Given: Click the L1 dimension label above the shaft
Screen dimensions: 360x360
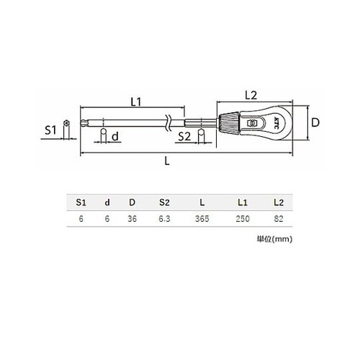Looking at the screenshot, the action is (136, 102).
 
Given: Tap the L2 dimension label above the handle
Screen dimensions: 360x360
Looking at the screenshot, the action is (251, 95).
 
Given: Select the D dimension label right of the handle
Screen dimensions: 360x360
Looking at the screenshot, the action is (315, 122).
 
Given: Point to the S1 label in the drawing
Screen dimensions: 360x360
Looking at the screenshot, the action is (50, 130).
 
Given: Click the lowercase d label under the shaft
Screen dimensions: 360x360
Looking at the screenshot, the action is (115, 136).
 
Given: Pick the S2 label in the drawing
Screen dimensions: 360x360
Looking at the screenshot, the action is (184, 137).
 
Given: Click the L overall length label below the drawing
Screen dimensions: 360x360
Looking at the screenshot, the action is (167, 161).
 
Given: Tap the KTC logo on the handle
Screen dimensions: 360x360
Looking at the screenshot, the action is (276, 123).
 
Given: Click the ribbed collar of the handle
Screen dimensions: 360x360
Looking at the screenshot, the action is (229, 123).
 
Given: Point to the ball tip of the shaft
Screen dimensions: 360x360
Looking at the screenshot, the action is (82, 123).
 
